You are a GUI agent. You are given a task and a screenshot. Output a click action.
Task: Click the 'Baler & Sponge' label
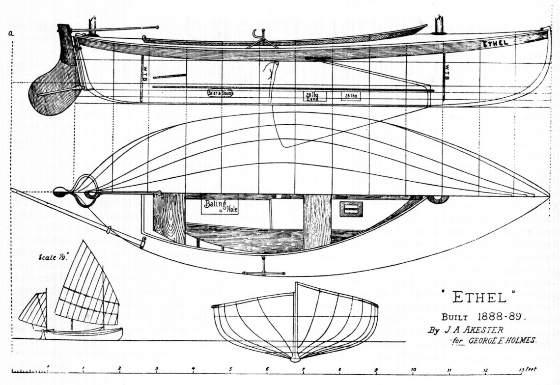point(220,93)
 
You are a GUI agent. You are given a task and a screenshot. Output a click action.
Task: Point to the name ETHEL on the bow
point(495,43)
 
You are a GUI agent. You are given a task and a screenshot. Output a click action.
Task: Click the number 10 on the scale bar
point(413,370)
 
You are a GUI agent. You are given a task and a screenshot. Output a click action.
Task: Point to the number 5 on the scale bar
point(230,370)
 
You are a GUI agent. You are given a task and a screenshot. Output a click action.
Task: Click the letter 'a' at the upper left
point(10,33)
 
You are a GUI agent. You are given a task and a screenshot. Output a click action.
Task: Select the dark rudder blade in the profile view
point(53,91)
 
